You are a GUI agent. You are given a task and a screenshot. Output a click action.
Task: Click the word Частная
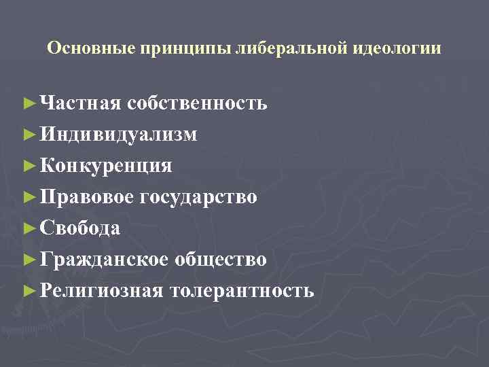[80, 103]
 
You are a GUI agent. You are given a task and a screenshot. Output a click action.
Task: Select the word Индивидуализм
[119, 135]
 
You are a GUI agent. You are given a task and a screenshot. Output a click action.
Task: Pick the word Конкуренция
[106, 166]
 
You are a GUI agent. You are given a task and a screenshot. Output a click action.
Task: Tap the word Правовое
[88, 197]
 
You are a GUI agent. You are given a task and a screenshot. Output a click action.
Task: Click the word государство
[198, 197]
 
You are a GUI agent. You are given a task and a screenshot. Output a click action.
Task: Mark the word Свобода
[80, 228]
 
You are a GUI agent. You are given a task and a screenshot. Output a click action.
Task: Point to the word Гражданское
[104, 260]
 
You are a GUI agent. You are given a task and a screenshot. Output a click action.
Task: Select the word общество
[221, 260]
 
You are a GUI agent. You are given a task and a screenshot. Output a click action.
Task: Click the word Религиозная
[101, 291]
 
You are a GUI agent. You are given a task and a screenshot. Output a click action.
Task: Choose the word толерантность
[242, 291]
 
